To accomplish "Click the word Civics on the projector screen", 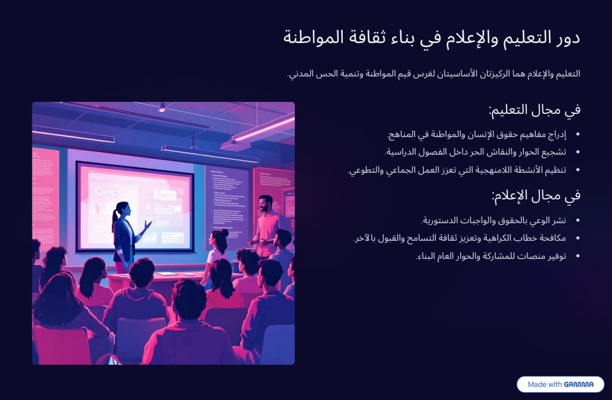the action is pyautogui.click(x=108, y=192).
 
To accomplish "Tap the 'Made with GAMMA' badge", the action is pyautogui.click(x=560, y=384).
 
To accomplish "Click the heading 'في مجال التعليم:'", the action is pyautogui.click(x=534, y=110).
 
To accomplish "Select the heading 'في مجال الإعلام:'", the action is pyautogui.click(x=536, y=195).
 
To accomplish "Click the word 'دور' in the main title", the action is pyautogui.click(x=568, y=38).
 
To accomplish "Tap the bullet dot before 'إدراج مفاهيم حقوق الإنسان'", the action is pyautogui.click(x=577, y=135).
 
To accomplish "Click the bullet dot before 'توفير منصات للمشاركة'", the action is pyautogui.click(x=577, y=257).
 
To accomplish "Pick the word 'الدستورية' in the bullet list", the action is pyautogui.click(x=440, y=220).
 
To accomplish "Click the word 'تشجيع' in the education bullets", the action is pyautogui.click(x=554, y=152).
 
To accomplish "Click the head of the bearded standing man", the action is pyautogui.click(x=265, y=203).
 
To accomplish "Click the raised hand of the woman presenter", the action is pyautogui.click(x=147, y=225).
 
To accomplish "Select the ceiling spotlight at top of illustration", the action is pyautogui.click(x=161, y=108).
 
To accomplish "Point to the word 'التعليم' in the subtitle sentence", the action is pyautogui.click(x=569, y=74).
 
